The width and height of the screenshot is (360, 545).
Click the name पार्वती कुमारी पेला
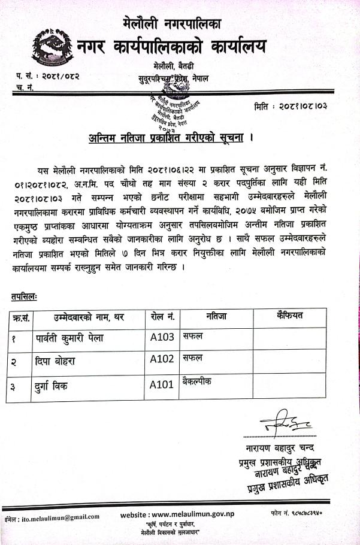pyautogui.click(x=69, y=338)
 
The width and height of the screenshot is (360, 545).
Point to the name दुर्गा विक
pyautogui.click(x=52, y=385)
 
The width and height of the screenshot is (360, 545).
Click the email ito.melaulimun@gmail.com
pyautogui.click(x=58, y=516)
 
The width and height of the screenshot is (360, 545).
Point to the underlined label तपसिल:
pyautogui.click(x=23, y=296)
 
